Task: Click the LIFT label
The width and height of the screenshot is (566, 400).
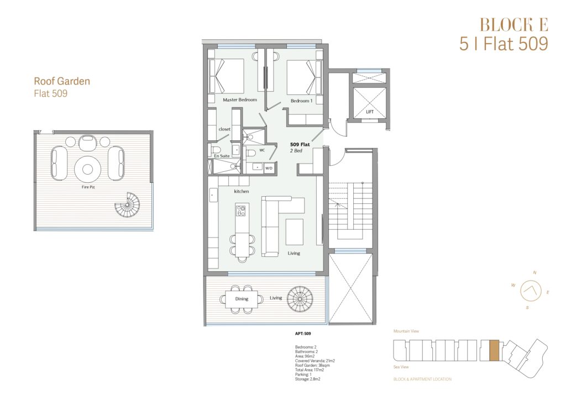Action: point(370,112)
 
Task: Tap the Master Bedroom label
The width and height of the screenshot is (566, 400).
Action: point(240,99)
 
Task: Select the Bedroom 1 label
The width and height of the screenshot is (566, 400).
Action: point(301,101)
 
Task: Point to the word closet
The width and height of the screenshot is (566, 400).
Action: point(224,129)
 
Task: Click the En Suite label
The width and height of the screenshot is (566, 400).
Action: point(222,156)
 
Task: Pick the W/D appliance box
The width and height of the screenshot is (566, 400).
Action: point(269,168)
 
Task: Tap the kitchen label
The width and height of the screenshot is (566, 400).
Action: point(241,191)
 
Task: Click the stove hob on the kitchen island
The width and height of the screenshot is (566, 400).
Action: point(241,210)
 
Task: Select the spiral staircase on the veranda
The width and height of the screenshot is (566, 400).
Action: point(300,299)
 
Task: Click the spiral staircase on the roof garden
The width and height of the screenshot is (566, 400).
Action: point(127,205)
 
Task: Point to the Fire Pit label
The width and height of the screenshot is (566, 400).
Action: point(88,187)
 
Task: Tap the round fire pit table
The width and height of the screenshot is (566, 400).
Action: point(88,169)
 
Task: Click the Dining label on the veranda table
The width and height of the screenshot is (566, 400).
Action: point(242,299)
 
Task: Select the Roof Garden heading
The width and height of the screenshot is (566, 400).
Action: point(62,81)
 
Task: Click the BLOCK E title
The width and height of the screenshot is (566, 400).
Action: point(513,25)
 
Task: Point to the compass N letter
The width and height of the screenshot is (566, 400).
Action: point(534,273)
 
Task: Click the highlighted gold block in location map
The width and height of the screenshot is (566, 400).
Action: point(494,350)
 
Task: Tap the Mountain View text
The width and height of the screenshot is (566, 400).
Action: point(406,331)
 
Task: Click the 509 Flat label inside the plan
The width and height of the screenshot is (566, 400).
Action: point(300,144)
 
